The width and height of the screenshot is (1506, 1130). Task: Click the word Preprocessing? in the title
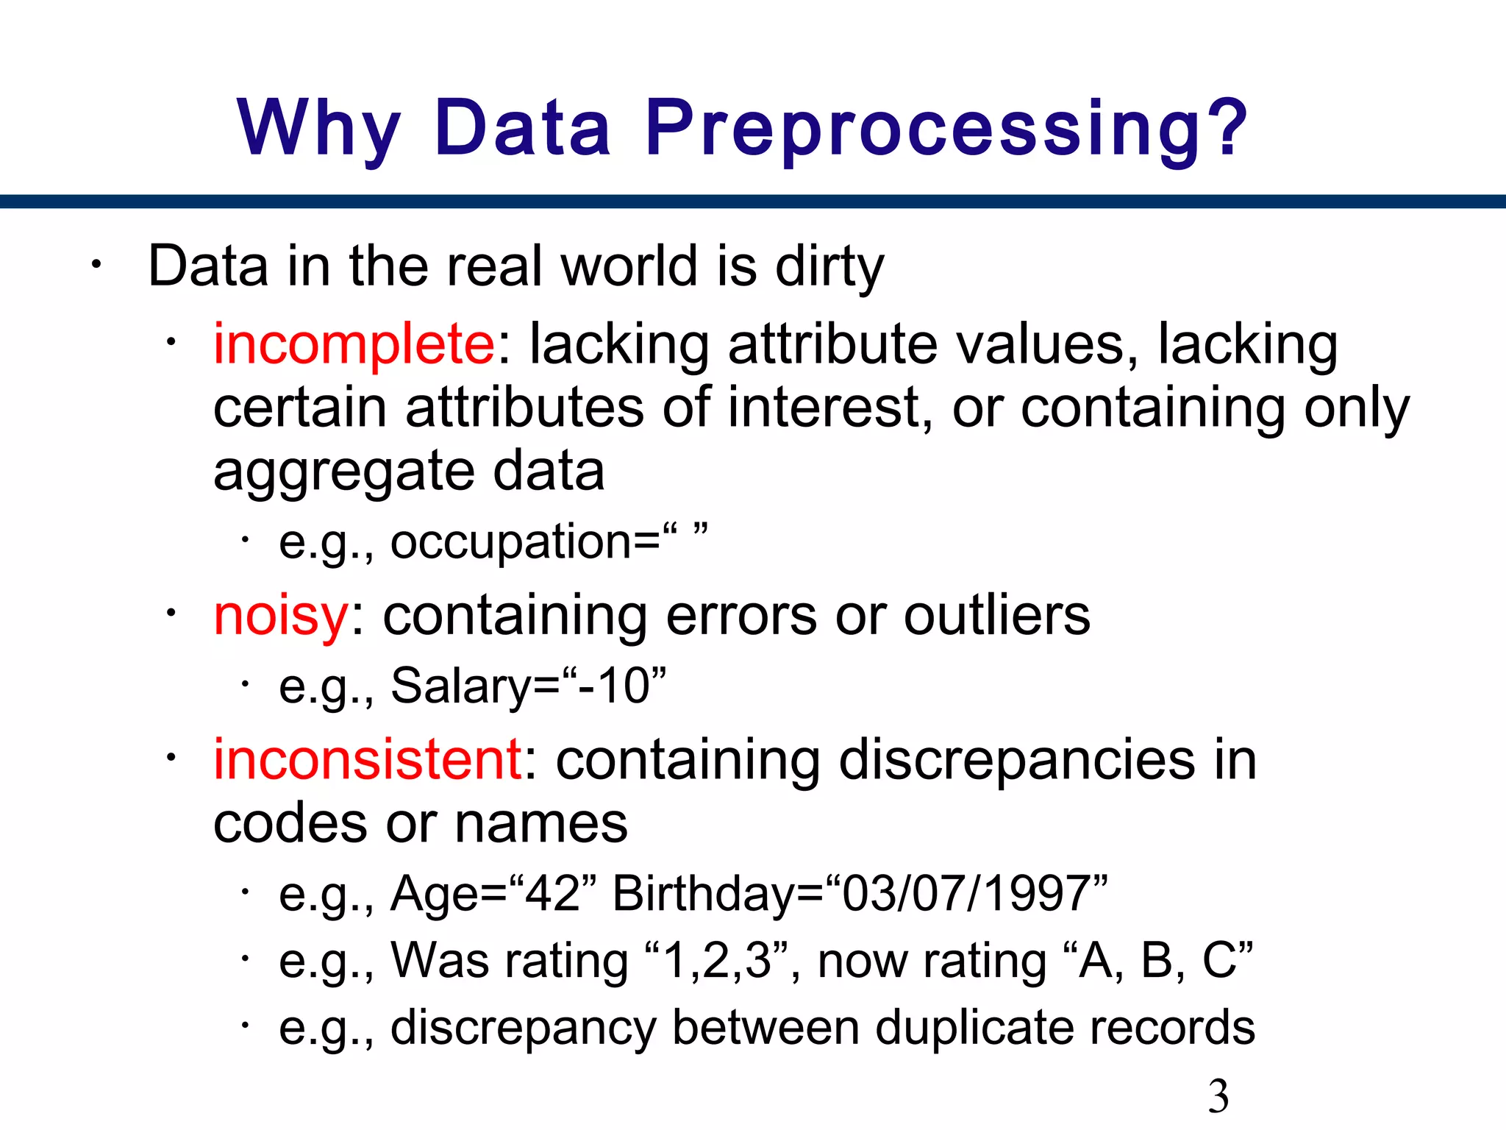[947, 129]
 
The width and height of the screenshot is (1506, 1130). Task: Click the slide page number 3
[1218, 1095]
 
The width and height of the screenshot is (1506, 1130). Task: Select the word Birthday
[705, 894]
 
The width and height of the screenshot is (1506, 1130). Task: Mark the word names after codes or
[541, 823]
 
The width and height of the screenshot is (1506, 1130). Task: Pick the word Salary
[461, 686]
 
